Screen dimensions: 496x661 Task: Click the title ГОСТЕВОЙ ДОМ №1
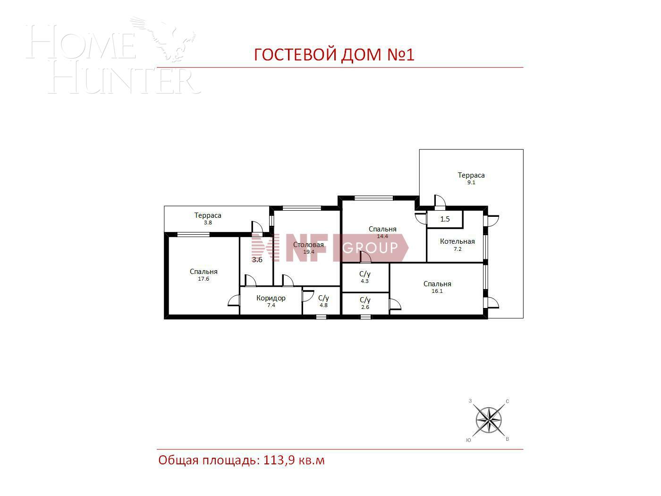coord(334,55)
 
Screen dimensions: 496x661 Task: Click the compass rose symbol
coord(489,419)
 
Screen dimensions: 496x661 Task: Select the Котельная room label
coord(457,241)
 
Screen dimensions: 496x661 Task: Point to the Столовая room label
coord(308,245)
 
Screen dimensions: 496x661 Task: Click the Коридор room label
coord(271,298)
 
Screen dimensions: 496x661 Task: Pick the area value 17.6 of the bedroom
coord(203,279)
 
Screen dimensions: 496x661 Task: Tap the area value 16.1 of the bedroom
coord(437,291)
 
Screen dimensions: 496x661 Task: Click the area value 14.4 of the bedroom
coord(382,236)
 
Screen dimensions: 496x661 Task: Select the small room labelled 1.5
coord(445,219)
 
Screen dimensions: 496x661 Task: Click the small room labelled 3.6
coord(257,260)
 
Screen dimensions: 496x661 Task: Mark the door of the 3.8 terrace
coord(257,227)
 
